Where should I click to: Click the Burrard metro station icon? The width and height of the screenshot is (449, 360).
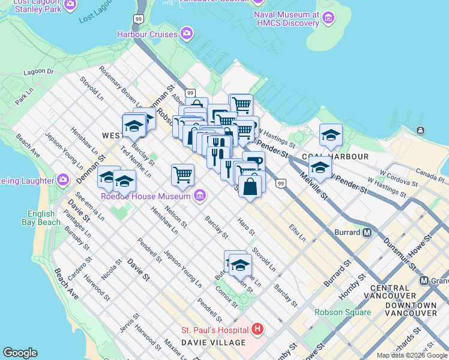[x=367, y=232]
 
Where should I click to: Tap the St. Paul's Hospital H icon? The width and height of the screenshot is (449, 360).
[x=258, y=329]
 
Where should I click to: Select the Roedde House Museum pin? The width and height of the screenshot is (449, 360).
[x=200, y=196]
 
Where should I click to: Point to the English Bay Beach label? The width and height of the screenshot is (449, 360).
[x=44, y=218]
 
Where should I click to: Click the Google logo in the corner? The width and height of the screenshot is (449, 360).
[x=20, y=353]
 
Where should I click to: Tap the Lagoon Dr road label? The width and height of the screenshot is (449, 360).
[x=38, y=72]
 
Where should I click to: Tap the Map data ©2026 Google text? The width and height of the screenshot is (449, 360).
[x=412, y=355]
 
